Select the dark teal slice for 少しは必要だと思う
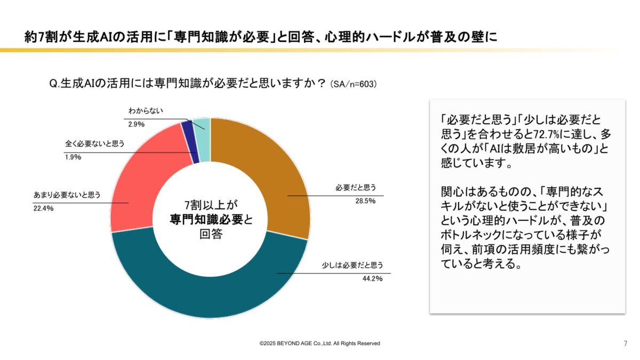(x=213, y=288)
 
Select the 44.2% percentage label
(x=372, y=278)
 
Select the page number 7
(x=625, y=343)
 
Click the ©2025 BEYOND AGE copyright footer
(x=320, y=343)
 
